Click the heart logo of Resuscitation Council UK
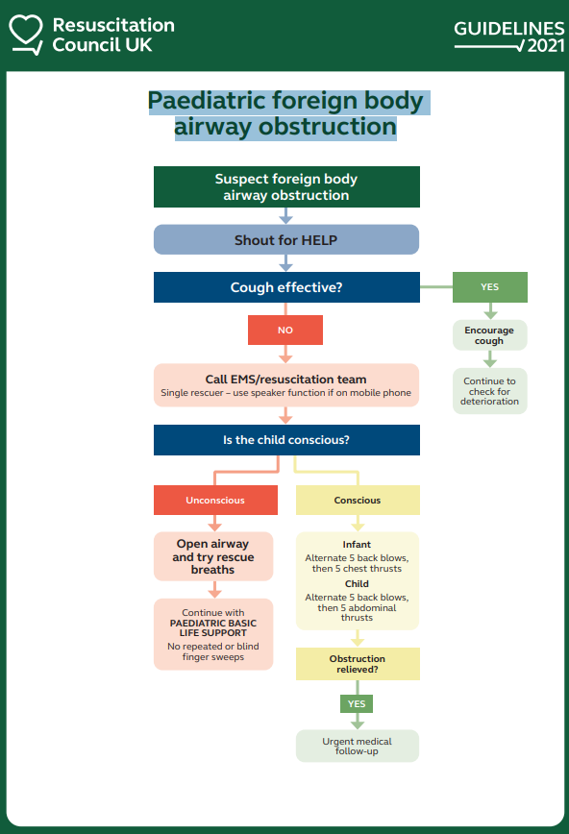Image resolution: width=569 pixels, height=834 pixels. click(x=26, y=34)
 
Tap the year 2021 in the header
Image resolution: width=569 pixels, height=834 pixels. click(x=546, y=46)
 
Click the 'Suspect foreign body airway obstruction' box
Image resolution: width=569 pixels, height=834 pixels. click(x=286, y=186)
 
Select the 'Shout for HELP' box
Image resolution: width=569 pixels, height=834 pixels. click(x=286, y=240)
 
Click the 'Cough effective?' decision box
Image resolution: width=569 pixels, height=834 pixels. click(x=286, y=287)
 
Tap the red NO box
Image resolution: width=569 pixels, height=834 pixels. click(x=285, y=330)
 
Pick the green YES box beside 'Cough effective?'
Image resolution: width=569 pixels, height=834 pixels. click(x=489, y=287)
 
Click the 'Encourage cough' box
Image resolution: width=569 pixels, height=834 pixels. click(x=489, y=335)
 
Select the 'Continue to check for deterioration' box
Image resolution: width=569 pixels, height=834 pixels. click(x=489, y=391)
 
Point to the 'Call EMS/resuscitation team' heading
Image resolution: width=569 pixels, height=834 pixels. click(x=285, y=380)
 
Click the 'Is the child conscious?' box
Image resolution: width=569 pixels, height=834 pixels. click(x=286, y=440)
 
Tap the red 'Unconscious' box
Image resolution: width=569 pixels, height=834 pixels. click(x=215, y=500)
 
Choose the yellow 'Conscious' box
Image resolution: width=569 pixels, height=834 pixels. click(x=358, y=500)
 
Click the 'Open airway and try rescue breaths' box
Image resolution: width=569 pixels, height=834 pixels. click(x=213, y=556)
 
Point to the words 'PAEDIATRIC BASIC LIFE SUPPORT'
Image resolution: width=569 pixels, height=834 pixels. click(x=213, y=627)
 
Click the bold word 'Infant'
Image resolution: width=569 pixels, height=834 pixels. click(x=357, y=544)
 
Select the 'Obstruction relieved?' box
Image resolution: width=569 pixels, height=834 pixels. click(x=358, y=664)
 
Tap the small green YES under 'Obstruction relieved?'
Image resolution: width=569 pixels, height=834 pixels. click(x=357, y=703)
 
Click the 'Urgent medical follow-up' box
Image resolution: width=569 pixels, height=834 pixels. click(x=358, y=746)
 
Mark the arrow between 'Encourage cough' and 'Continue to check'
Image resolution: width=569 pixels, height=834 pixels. click(x=489, y=359)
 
